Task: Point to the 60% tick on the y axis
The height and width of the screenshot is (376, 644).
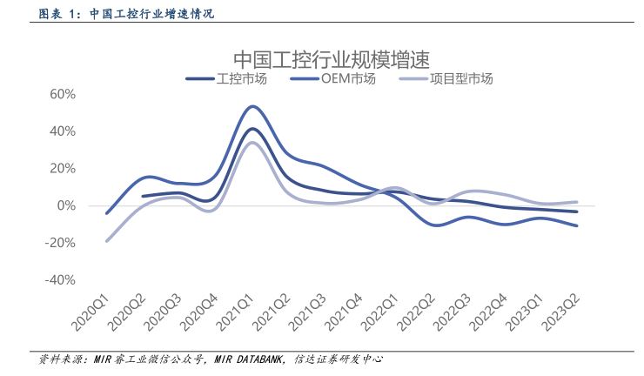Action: click(x=64, y=94)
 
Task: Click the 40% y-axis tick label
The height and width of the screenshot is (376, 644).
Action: click(x=64, y=131)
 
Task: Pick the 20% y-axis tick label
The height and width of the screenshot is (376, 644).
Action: click(x=64, y=169)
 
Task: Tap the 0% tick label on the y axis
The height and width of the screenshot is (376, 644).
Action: click(x=67, y=206)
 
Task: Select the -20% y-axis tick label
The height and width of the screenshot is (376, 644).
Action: click(x=62, y=243)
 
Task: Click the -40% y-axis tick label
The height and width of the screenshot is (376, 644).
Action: click(x=62, y=280)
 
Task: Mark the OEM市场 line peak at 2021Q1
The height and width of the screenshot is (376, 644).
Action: click(x=252, y=106)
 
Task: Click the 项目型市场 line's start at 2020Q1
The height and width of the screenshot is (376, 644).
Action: click(x=107, y=241)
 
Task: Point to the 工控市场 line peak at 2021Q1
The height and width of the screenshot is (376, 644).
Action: click(x=252, y=129)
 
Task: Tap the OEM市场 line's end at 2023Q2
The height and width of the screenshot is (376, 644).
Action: click(x=577, y=225)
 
